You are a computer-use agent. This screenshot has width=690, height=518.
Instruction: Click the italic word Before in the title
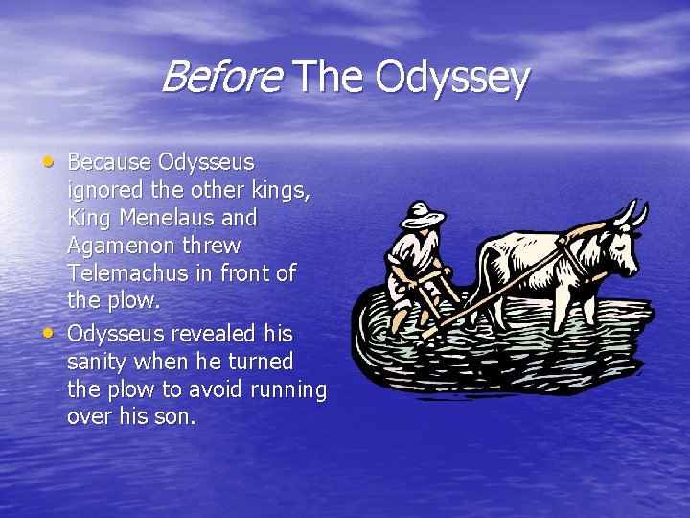tap(219, 77)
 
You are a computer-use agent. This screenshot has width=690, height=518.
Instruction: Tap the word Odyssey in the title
tap(452, 79)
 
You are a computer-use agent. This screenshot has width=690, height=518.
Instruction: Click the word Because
tap(108, 161)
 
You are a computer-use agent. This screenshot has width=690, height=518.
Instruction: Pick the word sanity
tap(99, 363)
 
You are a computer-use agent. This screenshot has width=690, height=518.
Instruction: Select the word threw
tap(210, 247)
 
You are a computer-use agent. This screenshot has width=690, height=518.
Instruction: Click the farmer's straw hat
tap(423, 214)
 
